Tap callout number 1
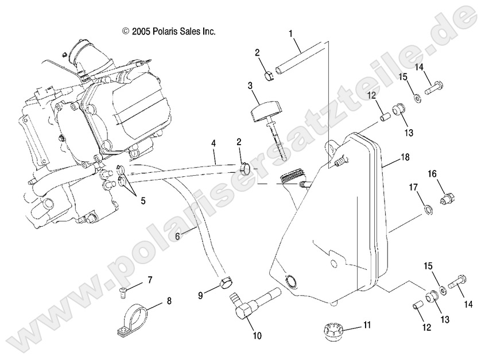point(292,34)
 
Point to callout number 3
point(250,86)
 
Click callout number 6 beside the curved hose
point(161,236)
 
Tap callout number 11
point(366,325)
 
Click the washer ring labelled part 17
point(427,207)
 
